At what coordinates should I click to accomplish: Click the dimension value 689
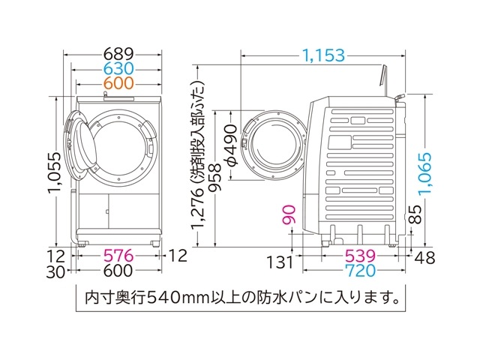[x=118, y=54]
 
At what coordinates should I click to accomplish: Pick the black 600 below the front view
[x=118, y=272]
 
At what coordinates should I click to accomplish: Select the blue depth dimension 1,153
[x=324, y=54]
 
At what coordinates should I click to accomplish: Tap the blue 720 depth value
[x=350, y=271]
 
